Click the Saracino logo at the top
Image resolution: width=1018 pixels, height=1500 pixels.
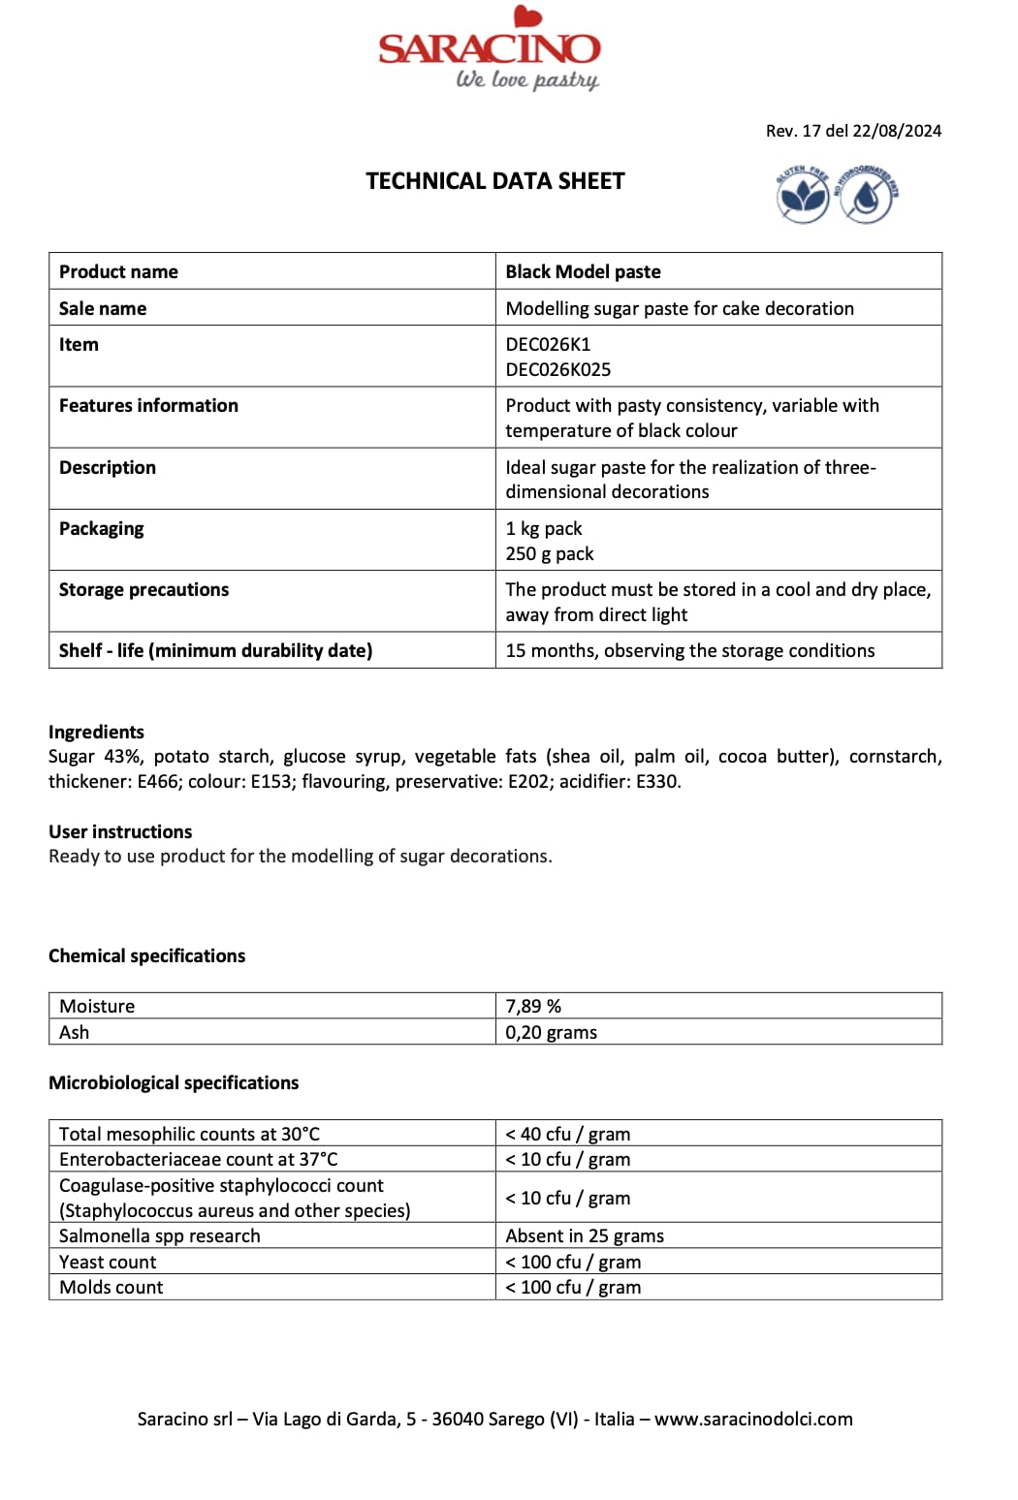pos(490,48)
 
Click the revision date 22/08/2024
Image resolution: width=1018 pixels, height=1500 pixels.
pos(897,131)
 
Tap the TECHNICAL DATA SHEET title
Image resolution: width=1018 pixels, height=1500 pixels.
pos(494,181)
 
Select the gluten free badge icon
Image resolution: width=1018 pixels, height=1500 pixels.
pos(803,195)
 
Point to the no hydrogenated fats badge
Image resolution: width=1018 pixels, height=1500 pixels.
pos(867,195)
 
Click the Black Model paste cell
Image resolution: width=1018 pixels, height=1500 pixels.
pos(583,271)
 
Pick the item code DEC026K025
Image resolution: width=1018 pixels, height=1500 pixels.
pos(557,369)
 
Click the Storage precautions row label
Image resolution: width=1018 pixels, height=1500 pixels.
pos(143,589)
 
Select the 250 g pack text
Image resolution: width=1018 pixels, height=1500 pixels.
pos(549,553)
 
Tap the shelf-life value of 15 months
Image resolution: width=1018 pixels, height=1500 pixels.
pos(689,650)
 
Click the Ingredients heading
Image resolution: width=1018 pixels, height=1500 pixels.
pos(96,732)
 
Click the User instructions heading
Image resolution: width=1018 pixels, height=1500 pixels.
pos(120,831)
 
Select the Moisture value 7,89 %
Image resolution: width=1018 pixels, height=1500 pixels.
pos(533,1006)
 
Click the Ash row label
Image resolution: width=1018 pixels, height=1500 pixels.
pos(74,1032)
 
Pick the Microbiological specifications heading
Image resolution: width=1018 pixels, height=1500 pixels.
pos(174,1082)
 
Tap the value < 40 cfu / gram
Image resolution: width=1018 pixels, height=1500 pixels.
pos(567,1134)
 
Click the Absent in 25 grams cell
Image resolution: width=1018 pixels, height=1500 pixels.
pos(585,1235)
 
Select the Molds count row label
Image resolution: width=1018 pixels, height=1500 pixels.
pos(111,1287)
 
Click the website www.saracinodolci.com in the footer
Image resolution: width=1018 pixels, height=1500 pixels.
pos(753,1419)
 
